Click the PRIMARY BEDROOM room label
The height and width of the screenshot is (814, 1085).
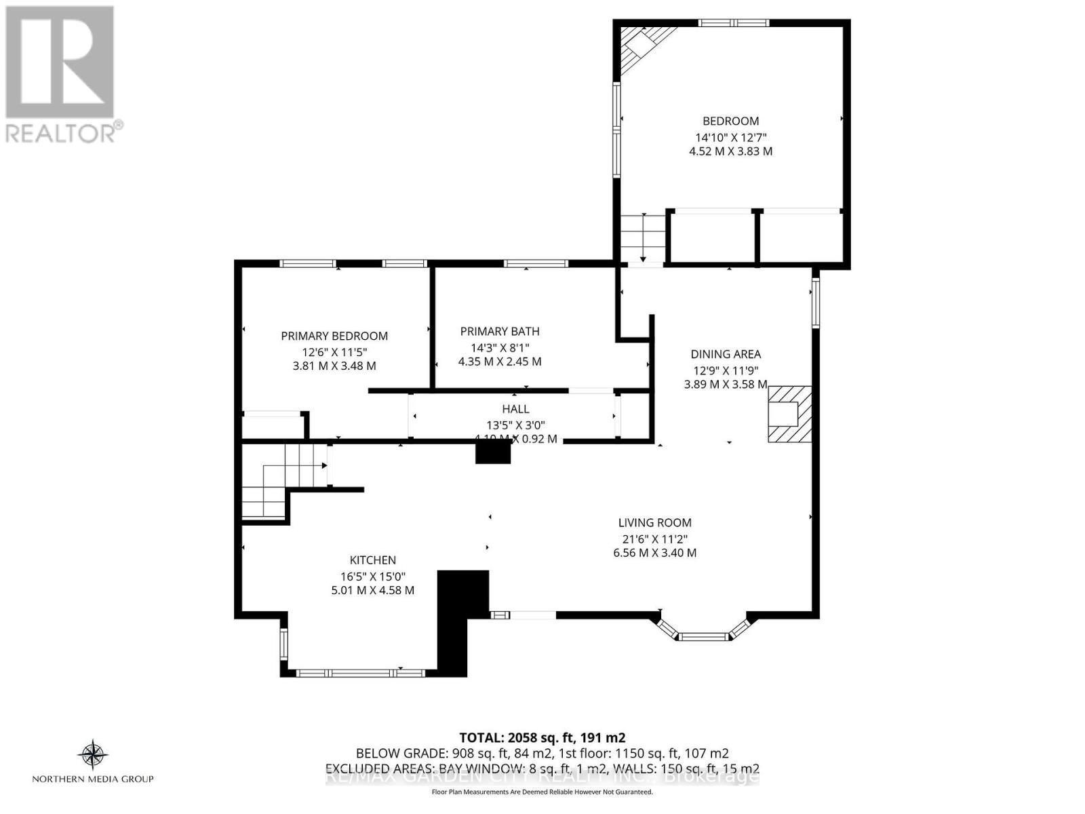click(x=334, y=336)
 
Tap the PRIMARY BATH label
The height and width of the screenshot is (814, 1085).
click(x=500, y=331)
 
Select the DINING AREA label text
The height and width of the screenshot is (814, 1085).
click(x=726, y=354)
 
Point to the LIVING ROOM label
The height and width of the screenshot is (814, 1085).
click(x=654, y=522)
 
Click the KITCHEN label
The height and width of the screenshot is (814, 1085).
click(x=372, y=560)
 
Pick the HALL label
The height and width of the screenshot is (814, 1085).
click(x=515, y=409)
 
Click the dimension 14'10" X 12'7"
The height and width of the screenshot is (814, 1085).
click(x=730, y=136)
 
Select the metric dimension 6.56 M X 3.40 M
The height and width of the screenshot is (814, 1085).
click(x=654, y=553)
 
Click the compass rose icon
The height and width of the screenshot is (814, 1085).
click(x=93, y=755)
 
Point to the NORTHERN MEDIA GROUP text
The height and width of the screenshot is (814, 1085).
click(x=93, y=779)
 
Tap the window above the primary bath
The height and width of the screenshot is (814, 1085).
click(x=536, y=263)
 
